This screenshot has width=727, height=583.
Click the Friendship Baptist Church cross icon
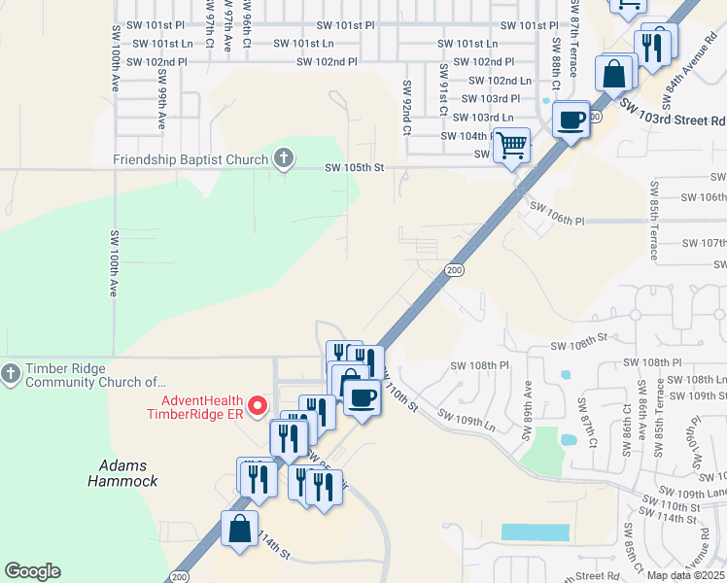click(x=283, y=158)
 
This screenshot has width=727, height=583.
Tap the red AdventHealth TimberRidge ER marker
click(x=257, y=405)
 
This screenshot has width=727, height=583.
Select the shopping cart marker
click(x=511, y=147)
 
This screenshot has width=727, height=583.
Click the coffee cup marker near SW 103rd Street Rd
click(x=571, y=120)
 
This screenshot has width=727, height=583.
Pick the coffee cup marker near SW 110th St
click(x=362, y=397)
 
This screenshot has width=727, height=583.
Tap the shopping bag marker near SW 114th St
click(x=239, y=530)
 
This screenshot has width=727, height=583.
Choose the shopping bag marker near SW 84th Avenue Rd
click(x=615, y=73)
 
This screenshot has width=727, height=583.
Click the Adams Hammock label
click(x=122, y=473)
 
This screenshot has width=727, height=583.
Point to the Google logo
click(x=32, y=571)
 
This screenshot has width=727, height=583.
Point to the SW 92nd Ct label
click(x=406, y=108)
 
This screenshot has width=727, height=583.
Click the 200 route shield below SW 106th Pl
click(x=454, y=269)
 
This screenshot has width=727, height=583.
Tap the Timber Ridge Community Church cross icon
click(x=11, y=373)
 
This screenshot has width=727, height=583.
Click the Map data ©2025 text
click(x=685, y=575)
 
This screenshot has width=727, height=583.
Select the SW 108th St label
click(x=578, y=344)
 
